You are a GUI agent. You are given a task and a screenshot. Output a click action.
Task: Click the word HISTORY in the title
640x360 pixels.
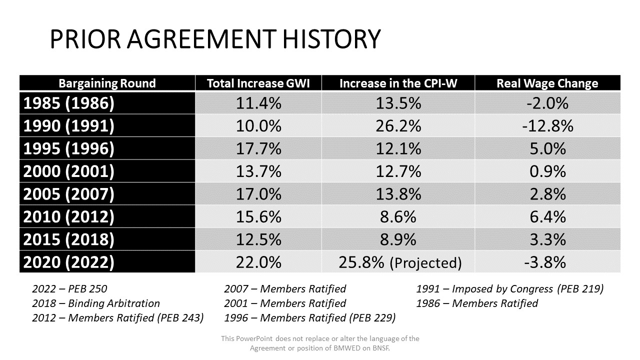(331, 39)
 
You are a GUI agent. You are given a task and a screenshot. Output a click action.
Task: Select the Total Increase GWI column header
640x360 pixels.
(258, 83)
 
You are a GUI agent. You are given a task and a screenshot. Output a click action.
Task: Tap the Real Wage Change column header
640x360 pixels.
(547, 83)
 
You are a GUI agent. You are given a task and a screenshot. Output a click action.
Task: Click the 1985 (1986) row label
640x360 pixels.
(68, 103)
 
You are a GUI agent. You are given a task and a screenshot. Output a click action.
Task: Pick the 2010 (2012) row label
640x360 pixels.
(68, 216)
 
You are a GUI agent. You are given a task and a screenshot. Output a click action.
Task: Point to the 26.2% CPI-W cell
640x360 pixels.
(398, 125)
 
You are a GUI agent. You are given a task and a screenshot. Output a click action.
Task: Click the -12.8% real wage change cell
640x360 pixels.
(547, 125)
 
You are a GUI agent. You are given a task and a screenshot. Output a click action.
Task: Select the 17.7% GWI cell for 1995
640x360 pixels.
(258, 148)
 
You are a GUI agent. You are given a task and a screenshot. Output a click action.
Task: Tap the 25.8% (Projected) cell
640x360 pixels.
(400, 262)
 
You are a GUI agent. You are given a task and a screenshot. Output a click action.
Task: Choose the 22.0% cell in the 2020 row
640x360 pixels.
(258, 262)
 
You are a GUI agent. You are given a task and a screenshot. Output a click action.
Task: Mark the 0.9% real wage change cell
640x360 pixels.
(547, 171)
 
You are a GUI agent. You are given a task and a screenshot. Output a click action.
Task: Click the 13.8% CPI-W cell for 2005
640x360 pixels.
(398, 194)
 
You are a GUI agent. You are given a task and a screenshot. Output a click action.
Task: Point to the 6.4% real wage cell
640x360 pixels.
(547, 216)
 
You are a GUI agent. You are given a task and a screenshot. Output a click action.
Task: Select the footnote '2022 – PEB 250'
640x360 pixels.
(69, 289)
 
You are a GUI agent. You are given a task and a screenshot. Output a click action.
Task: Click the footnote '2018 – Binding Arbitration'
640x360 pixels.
(95, 303)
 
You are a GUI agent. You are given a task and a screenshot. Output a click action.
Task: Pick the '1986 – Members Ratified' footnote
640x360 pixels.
(477, 303)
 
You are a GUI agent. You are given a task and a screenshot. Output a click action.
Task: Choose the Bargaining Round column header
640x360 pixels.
(107, 83)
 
